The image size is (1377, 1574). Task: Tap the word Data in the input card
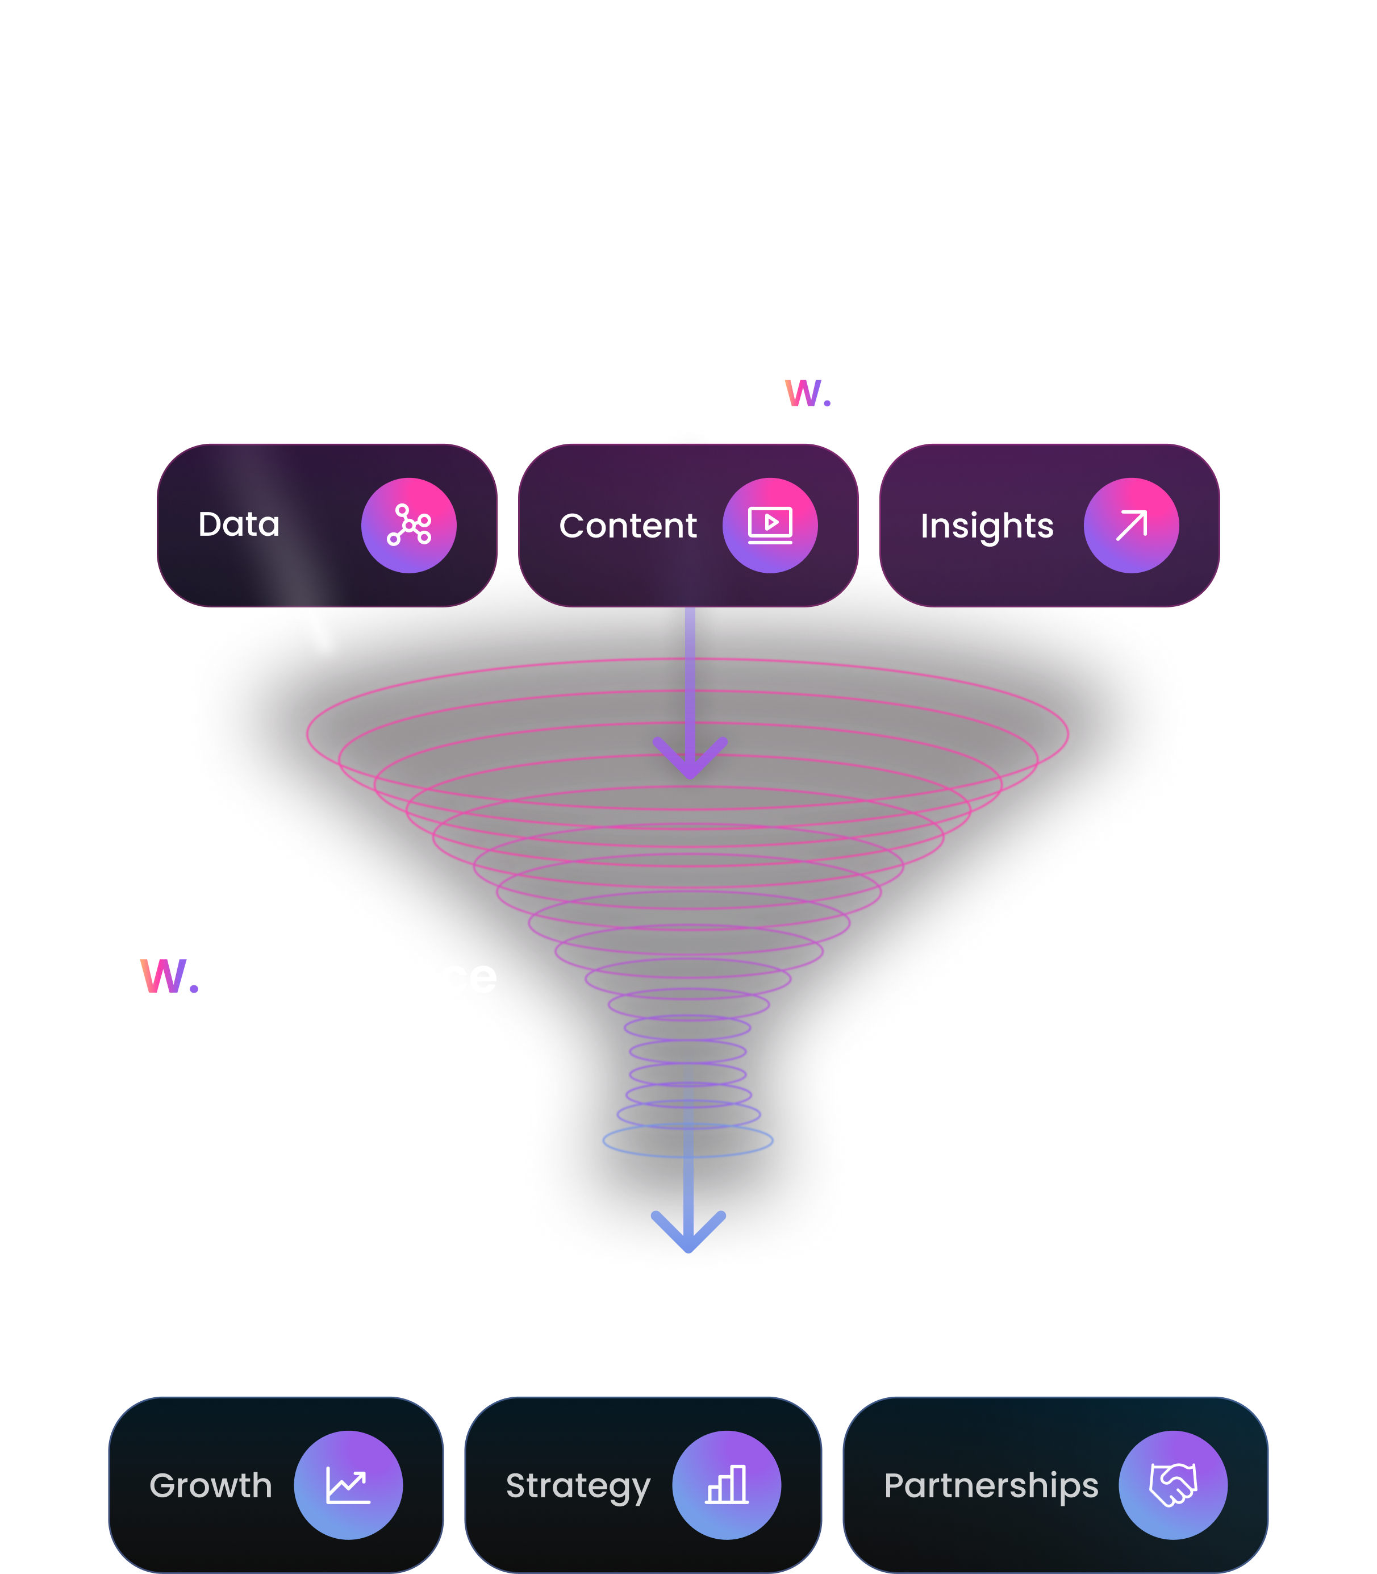(239, 525)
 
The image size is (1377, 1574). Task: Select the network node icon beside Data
(409, 525)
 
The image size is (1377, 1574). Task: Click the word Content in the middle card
(628, 526)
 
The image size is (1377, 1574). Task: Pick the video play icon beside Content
(770, 525)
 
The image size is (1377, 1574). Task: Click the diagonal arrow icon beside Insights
(1131, 526)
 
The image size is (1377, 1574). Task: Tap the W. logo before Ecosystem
(807, 393)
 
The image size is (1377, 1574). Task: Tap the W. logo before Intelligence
(170, 977)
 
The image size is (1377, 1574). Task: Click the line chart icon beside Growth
(348, 1485)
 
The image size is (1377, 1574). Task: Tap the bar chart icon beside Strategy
(726, 1485)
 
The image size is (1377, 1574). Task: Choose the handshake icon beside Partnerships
(1172, 1484)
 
